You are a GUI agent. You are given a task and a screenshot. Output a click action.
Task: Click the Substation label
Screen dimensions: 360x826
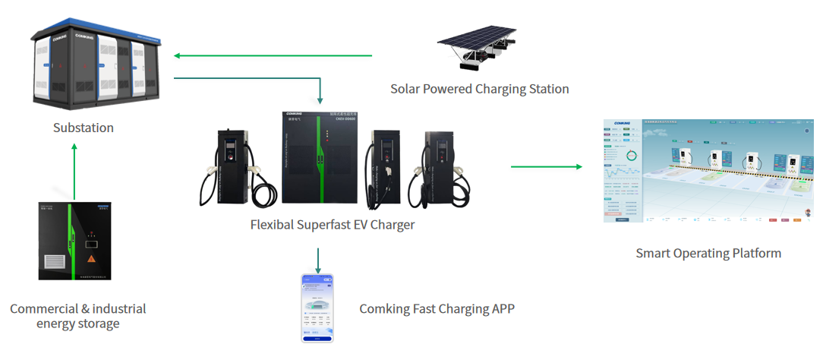coord(84,128)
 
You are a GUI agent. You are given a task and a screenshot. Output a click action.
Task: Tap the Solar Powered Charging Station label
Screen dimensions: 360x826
coord(479,89)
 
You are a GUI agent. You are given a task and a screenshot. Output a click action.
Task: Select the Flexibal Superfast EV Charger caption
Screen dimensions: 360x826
coord(333,225)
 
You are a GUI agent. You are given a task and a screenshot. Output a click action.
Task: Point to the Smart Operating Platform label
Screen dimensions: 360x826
coord(708,253)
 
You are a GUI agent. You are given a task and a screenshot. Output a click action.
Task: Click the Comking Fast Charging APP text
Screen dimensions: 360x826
coord(437,308)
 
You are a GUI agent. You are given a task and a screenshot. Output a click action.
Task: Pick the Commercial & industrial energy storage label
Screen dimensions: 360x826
coord(77,316)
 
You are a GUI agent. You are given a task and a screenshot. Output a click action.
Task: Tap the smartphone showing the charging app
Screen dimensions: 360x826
coord(317,308)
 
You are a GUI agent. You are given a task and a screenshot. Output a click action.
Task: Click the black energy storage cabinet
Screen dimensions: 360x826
coord(74,241)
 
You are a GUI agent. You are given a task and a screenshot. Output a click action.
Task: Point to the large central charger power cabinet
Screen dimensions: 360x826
coord(320,157)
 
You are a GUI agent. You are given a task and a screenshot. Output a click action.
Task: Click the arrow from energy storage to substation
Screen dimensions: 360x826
coord(74,171)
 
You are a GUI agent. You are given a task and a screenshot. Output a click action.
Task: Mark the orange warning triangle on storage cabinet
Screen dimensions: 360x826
coord(91,259)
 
